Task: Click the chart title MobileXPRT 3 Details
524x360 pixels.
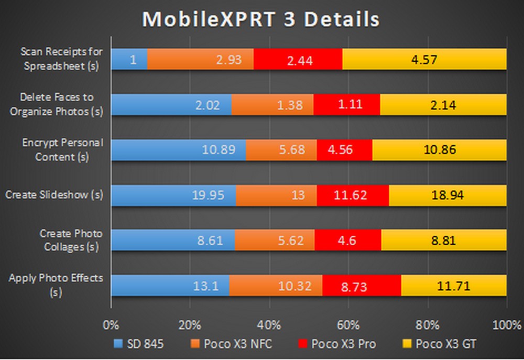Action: pyautogui.click(x=260, y=20)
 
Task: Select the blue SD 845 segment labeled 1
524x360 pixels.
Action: pyautogui.click(x=129, y=60)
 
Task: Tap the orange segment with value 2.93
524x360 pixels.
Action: pyautogui.click(x=201, y=60)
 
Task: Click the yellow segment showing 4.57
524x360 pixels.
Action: pyautogui.click(x=425, y=60)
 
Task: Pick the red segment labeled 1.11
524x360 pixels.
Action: pyautogui.click(x=346, y=105)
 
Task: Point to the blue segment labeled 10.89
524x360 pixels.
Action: pyautogui.click(x=179, y=150)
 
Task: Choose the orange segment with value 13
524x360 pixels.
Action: pyautogui.click(x=276, y=195)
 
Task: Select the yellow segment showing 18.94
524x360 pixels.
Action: pyautogui.click(x=447, y=195)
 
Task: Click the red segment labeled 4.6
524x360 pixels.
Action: pyautogui.click(x=348, y=241)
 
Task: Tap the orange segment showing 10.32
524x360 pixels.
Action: pyautogui.click(x=276, y=286)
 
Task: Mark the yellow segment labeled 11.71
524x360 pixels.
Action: pyautogui.click(x=454, y=286)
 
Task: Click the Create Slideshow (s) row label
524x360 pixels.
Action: pyautogui.click(x=54, y=195)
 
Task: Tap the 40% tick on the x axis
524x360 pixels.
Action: pyautogui.click(x=269, y=325)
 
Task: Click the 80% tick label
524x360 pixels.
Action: pyautogui.click(x=427, y=325)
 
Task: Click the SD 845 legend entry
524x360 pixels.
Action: pyautogui.click(x=138, y=344)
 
